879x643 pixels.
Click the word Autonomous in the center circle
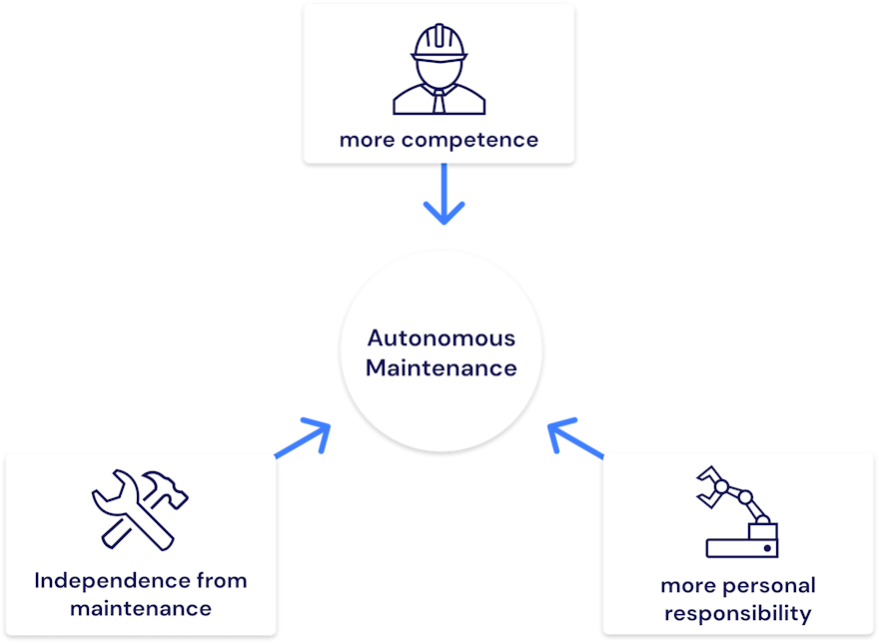coord(441,337)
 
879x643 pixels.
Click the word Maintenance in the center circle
coord(441,367)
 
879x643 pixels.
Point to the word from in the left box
coord(221,580)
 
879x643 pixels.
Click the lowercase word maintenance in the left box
coord(140,608)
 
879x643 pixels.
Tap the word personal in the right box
coord(767,585)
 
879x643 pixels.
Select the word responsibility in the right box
coord(738,613)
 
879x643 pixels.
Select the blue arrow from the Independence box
coord(304,439)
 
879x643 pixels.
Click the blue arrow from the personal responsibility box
coord(576,440)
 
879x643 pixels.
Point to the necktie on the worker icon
coord(439,100)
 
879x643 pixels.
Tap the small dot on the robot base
coord(766,548)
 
